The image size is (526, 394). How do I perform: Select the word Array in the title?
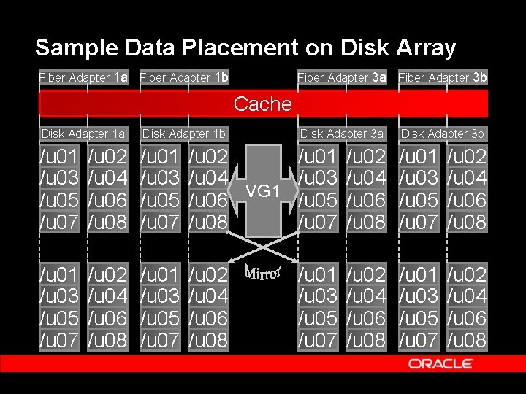pos(425,48)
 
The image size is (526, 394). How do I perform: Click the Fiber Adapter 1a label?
pos(83,77)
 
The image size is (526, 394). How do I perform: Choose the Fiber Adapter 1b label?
pos(184,77)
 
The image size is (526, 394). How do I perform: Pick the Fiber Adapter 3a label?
pos(342,77)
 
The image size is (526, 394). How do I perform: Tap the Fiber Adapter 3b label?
pos(443,77)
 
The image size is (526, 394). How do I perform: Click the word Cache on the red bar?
pos(262,104)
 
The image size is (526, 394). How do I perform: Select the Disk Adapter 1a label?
pos(83,134)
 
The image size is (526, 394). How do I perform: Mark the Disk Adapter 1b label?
pos(184,134)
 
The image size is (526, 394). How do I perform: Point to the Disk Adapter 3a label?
pos(342,134)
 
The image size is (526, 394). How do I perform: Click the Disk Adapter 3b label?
pos(443,134)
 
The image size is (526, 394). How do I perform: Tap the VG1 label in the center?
pos(262,191)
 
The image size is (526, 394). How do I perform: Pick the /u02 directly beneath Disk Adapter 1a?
pos(107,156)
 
